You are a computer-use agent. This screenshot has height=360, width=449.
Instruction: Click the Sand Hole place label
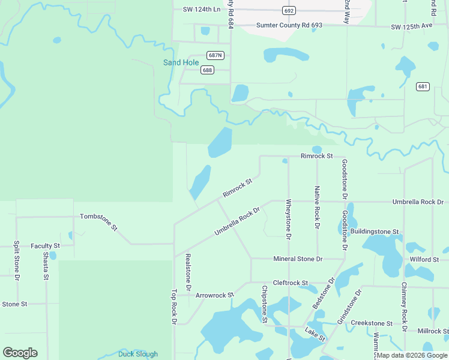tap(181, 62)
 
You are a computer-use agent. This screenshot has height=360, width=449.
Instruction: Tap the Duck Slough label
tap(138, 354)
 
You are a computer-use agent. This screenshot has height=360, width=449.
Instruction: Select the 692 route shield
tap(289, 11)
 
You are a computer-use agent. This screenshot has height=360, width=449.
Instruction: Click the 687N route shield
tap(215, 55)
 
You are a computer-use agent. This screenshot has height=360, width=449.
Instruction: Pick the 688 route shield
tap(207, 70)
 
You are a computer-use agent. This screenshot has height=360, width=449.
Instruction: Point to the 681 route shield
tap(423, 86)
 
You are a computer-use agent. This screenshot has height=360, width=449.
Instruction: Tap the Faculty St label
tap(46, 246)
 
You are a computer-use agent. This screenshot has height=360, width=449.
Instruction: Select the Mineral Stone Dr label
tap(298, 259)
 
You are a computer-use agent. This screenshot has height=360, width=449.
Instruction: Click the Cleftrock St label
tap(290, 283)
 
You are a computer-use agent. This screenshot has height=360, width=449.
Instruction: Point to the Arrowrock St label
tap(214, 295)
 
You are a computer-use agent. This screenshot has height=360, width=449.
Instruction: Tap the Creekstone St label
tap(372, 323)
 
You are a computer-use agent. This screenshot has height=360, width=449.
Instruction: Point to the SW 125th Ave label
tap(412, 27)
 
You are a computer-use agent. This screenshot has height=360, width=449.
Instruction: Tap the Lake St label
tap(314, 335)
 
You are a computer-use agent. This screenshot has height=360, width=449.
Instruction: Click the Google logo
tap(20, 353)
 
